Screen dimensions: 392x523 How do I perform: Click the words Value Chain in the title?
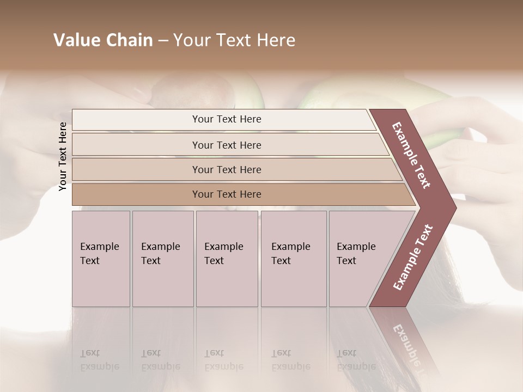tap(103, 40)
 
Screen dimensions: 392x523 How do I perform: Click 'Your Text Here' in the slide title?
tap(234, 40)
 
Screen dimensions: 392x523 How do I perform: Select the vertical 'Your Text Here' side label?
tap(63, 156)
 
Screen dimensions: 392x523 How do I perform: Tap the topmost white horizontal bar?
tap(227, 119)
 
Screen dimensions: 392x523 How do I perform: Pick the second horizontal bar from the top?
tap(227, 145)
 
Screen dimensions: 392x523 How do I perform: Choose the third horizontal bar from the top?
tap(227, 169)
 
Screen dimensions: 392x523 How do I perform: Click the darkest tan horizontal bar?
tap(227, 194)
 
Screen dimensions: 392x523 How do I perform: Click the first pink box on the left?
tap(101, 259)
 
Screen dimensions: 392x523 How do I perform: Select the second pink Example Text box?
tap(163, 259)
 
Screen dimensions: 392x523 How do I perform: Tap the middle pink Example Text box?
tap(227, 259)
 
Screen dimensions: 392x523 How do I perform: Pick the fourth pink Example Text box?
tap(294, 259)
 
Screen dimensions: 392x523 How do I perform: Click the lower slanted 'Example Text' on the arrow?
tap(413, 257)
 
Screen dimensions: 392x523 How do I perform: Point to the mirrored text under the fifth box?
tap(355, 360)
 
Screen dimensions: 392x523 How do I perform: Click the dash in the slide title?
tap(163, 40)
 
